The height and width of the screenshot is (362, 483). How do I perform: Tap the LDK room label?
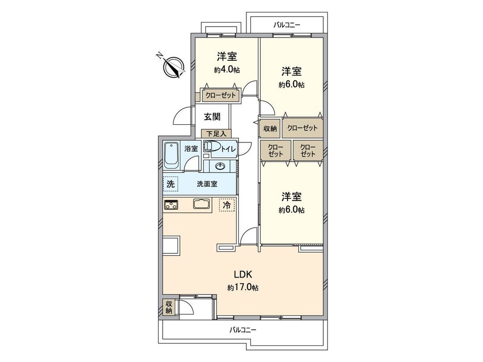coord(242,274)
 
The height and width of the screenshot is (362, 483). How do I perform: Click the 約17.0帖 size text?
coord(242,288)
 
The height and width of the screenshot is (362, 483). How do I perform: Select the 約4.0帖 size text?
coord(226,70)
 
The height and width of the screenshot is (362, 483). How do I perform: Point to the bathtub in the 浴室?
coord(171,156)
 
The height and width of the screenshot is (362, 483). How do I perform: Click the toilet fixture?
coord(212,147)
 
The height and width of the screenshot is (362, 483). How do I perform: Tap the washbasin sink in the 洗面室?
coord(220,166)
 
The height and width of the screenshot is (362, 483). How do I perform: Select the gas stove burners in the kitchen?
coord(171,205)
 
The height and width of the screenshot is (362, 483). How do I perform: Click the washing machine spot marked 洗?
coord(170,183)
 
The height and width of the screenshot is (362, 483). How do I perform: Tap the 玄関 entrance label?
coord(212,117)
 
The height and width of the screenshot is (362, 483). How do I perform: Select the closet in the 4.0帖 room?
coord(220,95)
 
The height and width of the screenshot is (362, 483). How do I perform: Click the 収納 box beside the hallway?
coord(270,128)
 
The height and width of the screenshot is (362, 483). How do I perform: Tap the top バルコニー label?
coord(287,25)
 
